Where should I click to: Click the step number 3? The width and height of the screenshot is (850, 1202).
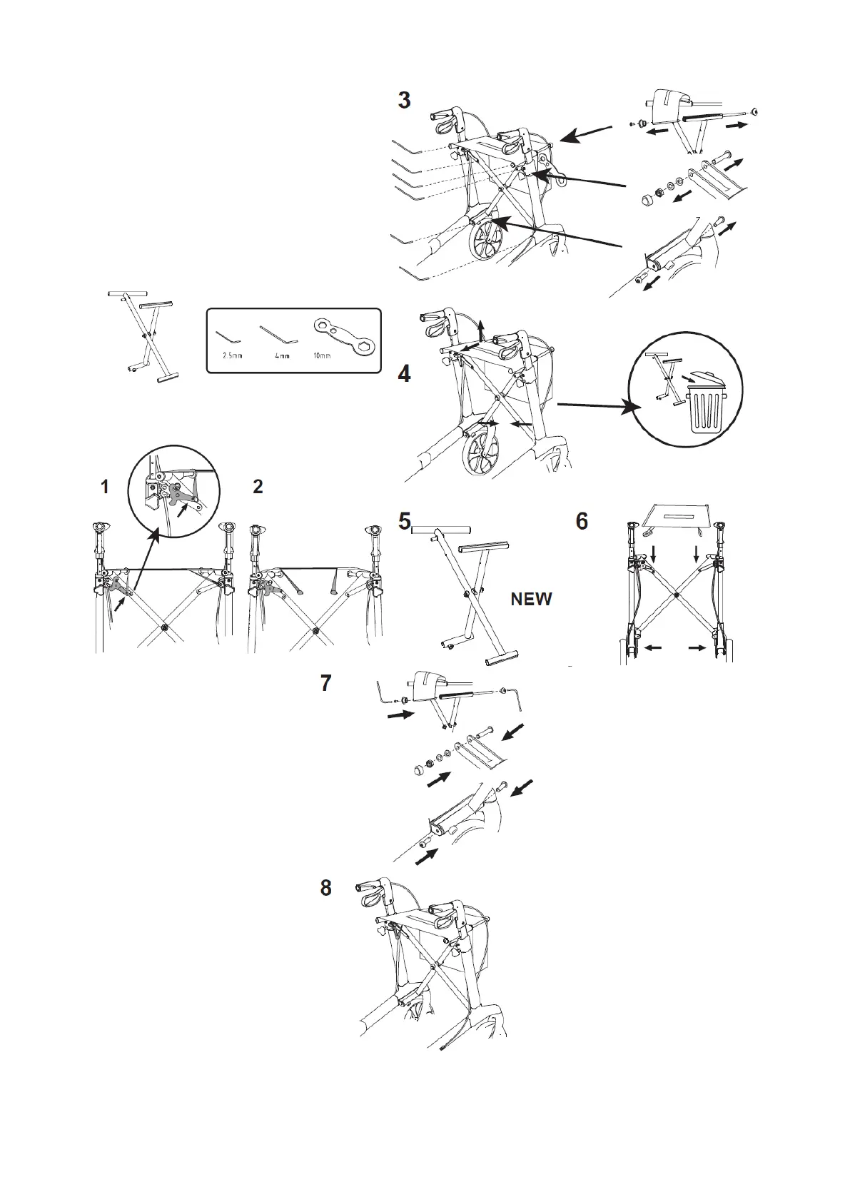(404, 101)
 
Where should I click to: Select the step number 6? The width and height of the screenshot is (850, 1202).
(582, 522)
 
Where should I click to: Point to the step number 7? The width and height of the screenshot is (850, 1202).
(325, 683)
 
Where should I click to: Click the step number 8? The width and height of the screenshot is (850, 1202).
(325, 888)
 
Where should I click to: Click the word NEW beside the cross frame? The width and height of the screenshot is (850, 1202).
(531, 600)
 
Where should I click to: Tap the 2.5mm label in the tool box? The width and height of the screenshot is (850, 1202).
(233, 355)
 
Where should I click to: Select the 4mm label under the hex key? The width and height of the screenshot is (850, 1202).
(282, 355)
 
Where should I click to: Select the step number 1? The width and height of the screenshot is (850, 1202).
(105, 488)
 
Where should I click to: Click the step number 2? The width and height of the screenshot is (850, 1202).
(258, 488)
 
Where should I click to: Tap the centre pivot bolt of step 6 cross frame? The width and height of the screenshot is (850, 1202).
(677, 594)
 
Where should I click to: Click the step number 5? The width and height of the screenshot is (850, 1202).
(405, 522)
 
